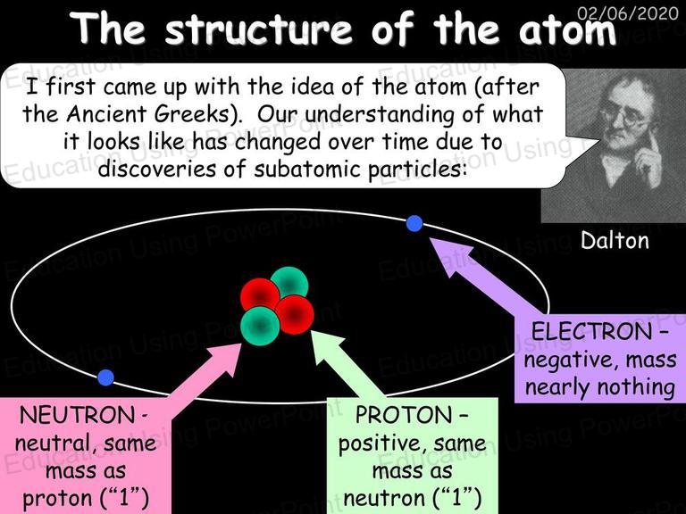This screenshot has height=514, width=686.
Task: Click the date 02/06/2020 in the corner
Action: coord(628,13)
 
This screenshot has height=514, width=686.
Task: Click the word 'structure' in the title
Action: coord(258,28)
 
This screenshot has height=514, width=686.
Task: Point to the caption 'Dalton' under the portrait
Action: coord(615,240)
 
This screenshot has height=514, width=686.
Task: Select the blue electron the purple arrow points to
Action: coord(414,223)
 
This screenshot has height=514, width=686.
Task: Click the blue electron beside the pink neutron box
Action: coord(105,377)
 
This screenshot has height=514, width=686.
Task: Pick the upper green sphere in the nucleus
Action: coord(289,283)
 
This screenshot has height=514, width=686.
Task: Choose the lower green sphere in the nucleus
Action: coord(260,326)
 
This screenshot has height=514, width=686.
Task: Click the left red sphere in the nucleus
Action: coord(260,296)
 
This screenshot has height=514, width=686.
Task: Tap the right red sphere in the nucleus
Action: coord(295,315)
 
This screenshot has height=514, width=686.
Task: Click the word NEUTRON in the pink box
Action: coord(78,415)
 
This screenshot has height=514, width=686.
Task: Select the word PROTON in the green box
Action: coord(404,415)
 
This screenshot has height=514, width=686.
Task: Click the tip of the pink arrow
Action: coord(242,344)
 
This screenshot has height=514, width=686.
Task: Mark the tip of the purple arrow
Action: coord(430,238)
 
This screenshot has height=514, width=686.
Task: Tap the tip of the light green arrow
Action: coord(311,331)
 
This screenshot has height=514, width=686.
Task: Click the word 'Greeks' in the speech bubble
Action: coord(192,114)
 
